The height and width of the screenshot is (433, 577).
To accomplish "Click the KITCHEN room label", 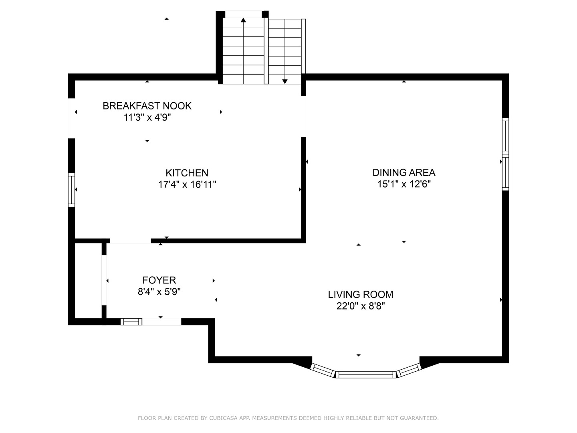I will (x=187, y=173).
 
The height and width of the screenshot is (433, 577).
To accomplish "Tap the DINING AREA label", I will (x=403, y=172).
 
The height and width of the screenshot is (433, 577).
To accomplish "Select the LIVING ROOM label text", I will (x=360, y=294).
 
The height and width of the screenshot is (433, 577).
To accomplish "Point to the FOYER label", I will (x=159, y=280).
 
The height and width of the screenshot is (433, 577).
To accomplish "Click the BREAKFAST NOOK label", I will (x=147, y=106).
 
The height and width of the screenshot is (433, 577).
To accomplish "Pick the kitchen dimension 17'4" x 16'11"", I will (x=187, y=184).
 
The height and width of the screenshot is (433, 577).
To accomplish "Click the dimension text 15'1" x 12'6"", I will (x=403, y=184).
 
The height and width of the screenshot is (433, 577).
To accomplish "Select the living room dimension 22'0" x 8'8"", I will (x=360, y=306).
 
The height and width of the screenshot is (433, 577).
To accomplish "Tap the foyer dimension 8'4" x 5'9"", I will (x=159, y=292).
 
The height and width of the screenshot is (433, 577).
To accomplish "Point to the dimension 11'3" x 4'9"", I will (x=147, y=117).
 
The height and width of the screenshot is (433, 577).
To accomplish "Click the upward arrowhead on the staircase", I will (x=243, y=20).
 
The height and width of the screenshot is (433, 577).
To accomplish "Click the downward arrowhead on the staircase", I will (x=285, y=81).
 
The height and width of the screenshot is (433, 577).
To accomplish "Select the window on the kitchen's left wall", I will (x=71, y=190).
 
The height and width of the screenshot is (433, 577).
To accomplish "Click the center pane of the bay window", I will (x=365, y=374).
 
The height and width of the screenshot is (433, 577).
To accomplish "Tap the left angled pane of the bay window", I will (x=323, y=370).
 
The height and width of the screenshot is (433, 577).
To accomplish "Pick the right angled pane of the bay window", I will (x=409, y=370).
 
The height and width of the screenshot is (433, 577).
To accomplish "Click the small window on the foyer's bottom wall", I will (x=131, y=322).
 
